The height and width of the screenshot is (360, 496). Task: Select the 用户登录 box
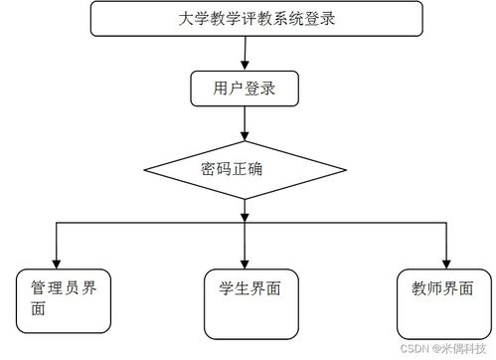pos(245,89)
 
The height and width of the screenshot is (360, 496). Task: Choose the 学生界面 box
pos(249,302)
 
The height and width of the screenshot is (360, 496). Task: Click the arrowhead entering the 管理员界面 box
pos(57,261)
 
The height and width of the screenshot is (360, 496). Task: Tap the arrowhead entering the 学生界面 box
pos(245,261)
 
